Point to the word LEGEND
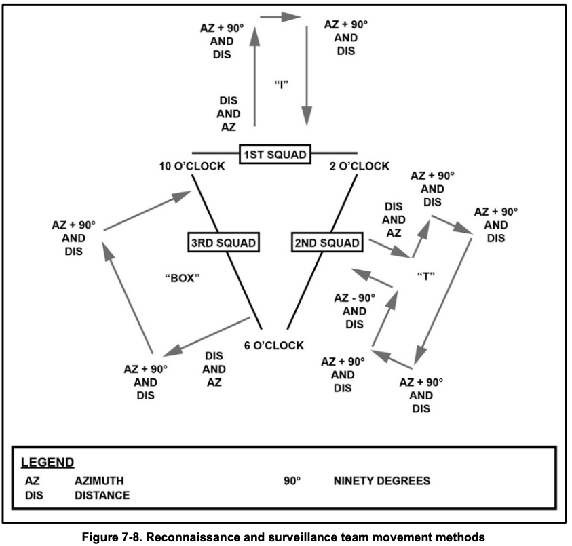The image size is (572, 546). pyautogui.click(x=47, y=463)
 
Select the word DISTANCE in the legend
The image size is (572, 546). pyautogui.click(x=102, y=495)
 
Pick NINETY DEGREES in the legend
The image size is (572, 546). pyautogui.click(x=381, y=481)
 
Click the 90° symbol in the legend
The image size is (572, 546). pyautogui.click(x=292, y=481)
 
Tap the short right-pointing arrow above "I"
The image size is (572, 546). pyautogui.click(x=280, y=16)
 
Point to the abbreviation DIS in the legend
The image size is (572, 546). pyautogui.click(x=35, y=495)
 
